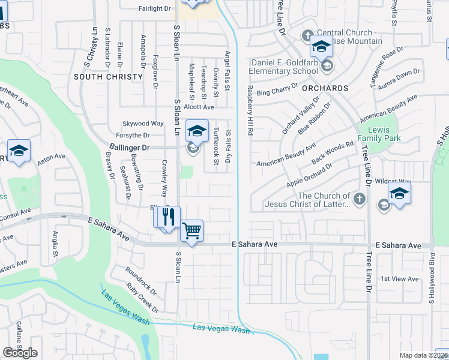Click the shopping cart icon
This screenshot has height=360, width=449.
pos(191,230)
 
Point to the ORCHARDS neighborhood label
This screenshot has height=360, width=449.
pos(325,88)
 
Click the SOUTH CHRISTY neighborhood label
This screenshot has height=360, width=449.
pos(108,77)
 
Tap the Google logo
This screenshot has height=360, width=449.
pos(20,353)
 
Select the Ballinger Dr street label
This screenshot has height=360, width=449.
pos(130,146)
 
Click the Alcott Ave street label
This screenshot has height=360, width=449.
pos(199,107)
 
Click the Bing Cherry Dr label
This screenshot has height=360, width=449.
pos(277,90)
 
